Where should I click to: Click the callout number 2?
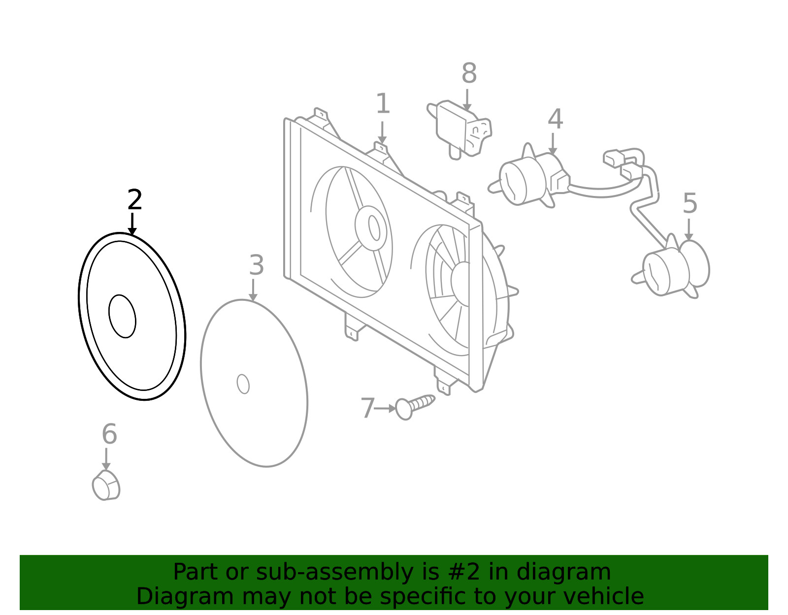(x=134, y=199)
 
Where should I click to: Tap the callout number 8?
(x=469, y=73)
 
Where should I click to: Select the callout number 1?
(x=383, y=103)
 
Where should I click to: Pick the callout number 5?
(x=689, y=203)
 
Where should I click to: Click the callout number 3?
(x=257, y=265)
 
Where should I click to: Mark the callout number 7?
(x=367, y=408)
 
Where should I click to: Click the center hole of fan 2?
(x=122, y=317)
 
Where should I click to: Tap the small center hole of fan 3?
(x=243, y=384)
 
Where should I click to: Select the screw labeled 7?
(x=415, y=407)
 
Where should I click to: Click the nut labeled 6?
(x=106, y=486)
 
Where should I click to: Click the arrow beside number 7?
(x=386, y=408)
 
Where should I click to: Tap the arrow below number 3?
(x=253, y=290)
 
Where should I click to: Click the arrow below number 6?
(x=106, y=459)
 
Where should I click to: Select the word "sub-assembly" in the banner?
(x=335, y=572)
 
